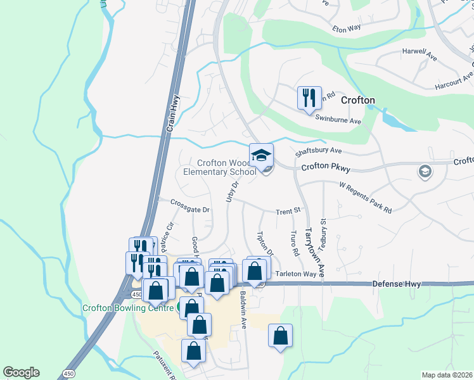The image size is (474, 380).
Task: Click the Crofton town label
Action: [x=358, y=100]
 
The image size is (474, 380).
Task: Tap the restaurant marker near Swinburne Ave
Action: [x=309, y=98]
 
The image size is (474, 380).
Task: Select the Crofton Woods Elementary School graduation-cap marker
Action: [x=261, y=155]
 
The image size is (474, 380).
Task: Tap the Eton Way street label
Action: [x=347, y=28]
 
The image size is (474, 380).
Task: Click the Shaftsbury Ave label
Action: [x=318, y=151]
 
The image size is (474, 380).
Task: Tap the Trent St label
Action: [x=287, y=211]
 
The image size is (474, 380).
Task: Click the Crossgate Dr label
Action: [x=190, y=203]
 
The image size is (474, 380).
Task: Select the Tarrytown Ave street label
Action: [x=310, y=252]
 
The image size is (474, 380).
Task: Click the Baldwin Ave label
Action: [x=243, y=311]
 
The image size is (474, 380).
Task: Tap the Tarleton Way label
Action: [x=295, y=274]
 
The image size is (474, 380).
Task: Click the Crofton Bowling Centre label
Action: [x=127, y=308]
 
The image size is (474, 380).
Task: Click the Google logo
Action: [x=22, y=372]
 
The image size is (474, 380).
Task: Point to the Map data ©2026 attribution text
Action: [x=447, y=375]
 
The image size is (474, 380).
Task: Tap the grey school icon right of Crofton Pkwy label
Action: [x=424, y=171]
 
